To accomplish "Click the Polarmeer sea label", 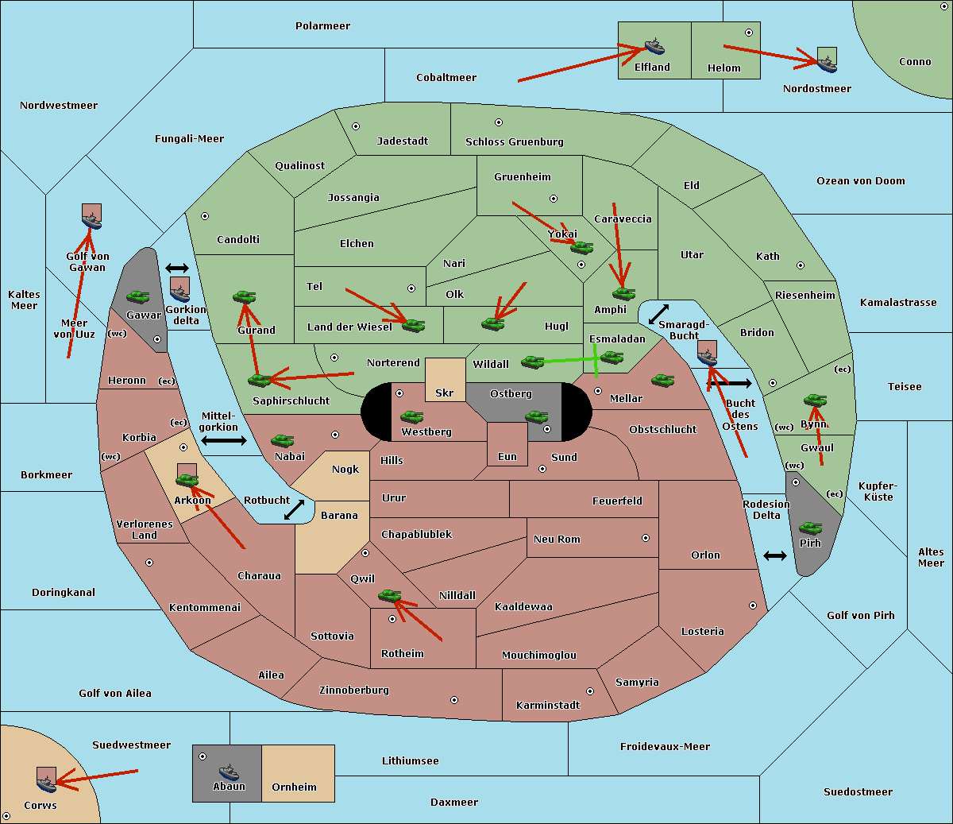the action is click(x=322, y=26).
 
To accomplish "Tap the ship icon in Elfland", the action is click(x=654, y=47).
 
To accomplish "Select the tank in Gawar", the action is click(x=137, y=296).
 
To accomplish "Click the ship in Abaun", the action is click(x=228, y=771).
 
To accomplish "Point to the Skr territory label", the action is click(x=445, y=393).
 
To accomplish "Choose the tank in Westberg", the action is click(x=411, y=417).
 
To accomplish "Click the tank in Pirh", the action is click(x=810, y=528).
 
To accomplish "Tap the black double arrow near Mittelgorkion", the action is click(x=224, y=440).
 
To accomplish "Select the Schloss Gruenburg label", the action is click(x=514, y=141).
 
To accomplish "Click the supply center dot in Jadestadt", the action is click(x=356, y=126).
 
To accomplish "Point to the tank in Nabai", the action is click(x=282, y=440).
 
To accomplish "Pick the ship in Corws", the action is click(x=47, y=783).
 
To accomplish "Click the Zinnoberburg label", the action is click(x=354, y=691).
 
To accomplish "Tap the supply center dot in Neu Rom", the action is click(x=646, y=538).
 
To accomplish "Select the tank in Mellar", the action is click(x=663, y=380).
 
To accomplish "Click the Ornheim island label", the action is click(x=294, y=787).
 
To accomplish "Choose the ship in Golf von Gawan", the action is click(x=91, y=221).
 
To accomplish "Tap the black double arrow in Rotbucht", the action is click(x=294, y=509).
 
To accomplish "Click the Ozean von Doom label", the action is click(x=860, y=181).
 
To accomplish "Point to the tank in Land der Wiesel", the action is click(x=413, y=326).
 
